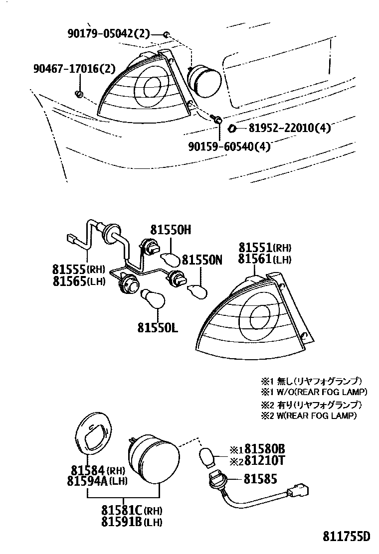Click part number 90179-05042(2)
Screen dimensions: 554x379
pyautogui.click(x=108, y=34)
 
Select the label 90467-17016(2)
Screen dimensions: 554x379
pyautogui.click(x=74, y=68)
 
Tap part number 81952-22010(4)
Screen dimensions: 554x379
pyautogui.click(x=287, y=128)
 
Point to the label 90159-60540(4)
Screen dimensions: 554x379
pyautogui.click(x=229, y=146)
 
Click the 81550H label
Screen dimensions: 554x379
pyautogui.click(x=171, y=230)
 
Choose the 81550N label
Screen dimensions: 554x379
pyautogui.click(x=201, y=260)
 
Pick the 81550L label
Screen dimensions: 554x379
pyautogui.click(x=158, y=329)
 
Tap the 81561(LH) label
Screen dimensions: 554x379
pyautogui.click(x=264, y=259)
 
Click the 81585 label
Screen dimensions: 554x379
pyautogui.click(x=260, y=479)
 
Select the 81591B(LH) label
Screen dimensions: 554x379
pyautogui.click(x=132, y=522)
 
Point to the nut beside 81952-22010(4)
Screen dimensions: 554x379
pyautogui.click(x=232, y=129)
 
